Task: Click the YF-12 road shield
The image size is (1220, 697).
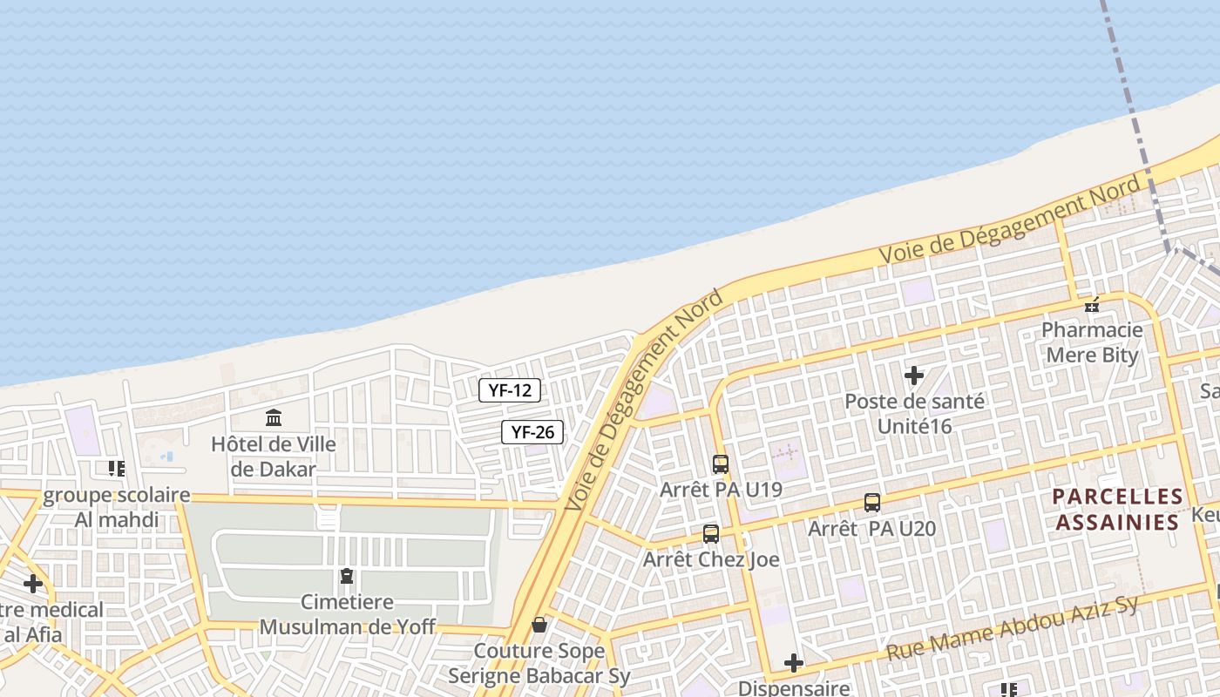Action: point(510,390)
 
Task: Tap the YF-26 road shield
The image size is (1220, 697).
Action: point(532,431)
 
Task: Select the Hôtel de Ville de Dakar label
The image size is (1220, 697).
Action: point(273,456)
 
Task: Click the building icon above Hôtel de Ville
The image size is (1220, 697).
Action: point(274,417)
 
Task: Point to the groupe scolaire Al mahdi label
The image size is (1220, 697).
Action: point(116,507)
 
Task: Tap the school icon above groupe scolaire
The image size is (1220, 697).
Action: point(117,469)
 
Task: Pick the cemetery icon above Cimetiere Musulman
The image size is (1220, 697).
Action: point(347,576)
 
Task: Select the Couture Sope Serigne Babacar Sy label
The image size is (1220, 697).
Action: point(539,663)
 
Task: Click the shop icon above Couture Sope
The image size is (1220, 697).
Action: point(539,625)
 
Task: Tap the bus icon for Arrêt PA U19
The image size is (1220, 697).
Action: point(720,464)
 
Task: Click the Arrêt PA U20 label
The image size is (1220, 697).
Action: point(871,529)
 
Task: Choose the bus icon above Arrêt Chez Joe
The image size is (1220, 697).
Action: point(711,534)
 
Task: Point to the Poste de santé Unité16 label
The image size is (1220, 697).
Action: point(914,414)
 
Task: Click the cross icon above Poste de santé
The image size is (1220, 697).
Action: point(914,376)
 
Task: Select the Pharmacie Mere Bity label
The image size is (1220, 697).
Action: point(1092,342)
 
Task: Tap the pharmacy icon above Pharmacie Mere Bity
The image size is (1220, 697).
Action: point(1092,305)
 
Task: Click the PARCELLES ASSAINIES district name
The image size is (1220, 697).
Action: point(1117,510)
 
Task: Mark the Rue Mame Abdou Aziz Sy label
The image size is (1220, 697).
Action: point(1013,629)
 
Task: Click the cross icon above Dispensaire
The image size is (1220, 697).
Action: point(793,663)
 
